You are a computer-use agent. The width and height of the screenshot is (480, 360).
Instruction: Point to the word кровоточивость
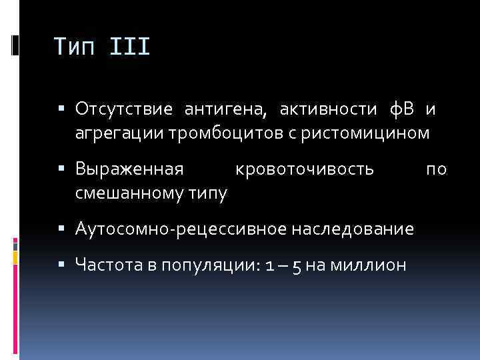305,169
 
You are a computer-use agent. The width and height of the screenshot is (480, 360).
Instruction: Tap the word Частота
105,265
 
